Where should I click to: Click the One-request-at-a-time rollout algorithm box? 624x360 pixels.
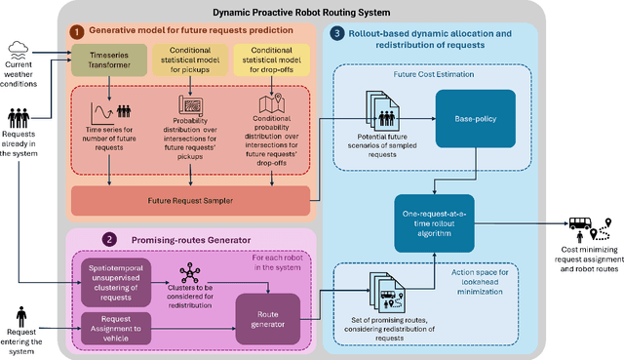pos(439,216)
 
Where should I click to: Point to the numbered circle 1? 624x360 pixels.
pos(76,31)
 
